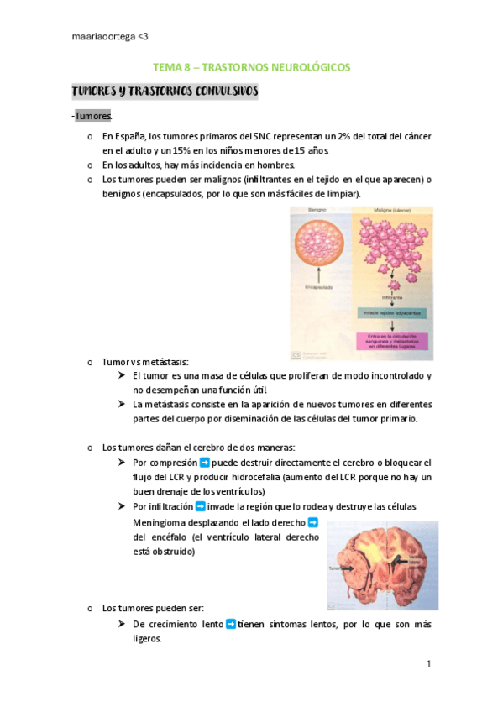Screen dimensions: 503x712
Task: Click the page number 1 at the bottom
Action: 428,664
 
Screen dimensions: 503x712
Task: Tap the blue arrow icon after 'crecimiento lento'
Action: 231,624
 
